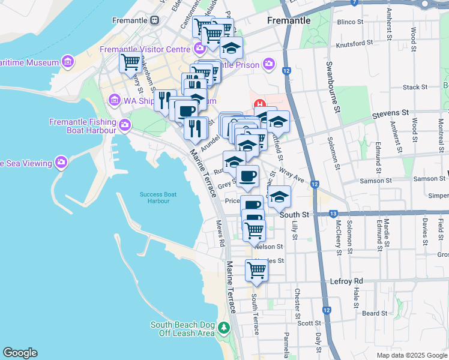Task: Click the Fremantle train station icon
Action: point(155,20)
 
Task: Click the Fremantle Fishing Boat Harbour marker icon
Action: point(124,125)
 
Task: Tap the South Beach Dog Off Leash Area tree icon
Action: point(223,328)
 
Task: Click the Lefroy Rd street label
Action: point(347,281)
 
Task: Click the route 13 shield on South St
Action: point(333,214)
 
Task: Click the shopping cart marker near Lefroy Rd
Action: point(256,270)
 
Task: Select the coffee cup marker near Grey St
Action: point(247,176)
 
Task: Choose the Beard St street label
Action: point(375,313)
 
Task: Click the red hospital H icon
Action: point(259,104)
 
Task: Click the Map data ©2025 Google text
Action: point(411,355)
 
